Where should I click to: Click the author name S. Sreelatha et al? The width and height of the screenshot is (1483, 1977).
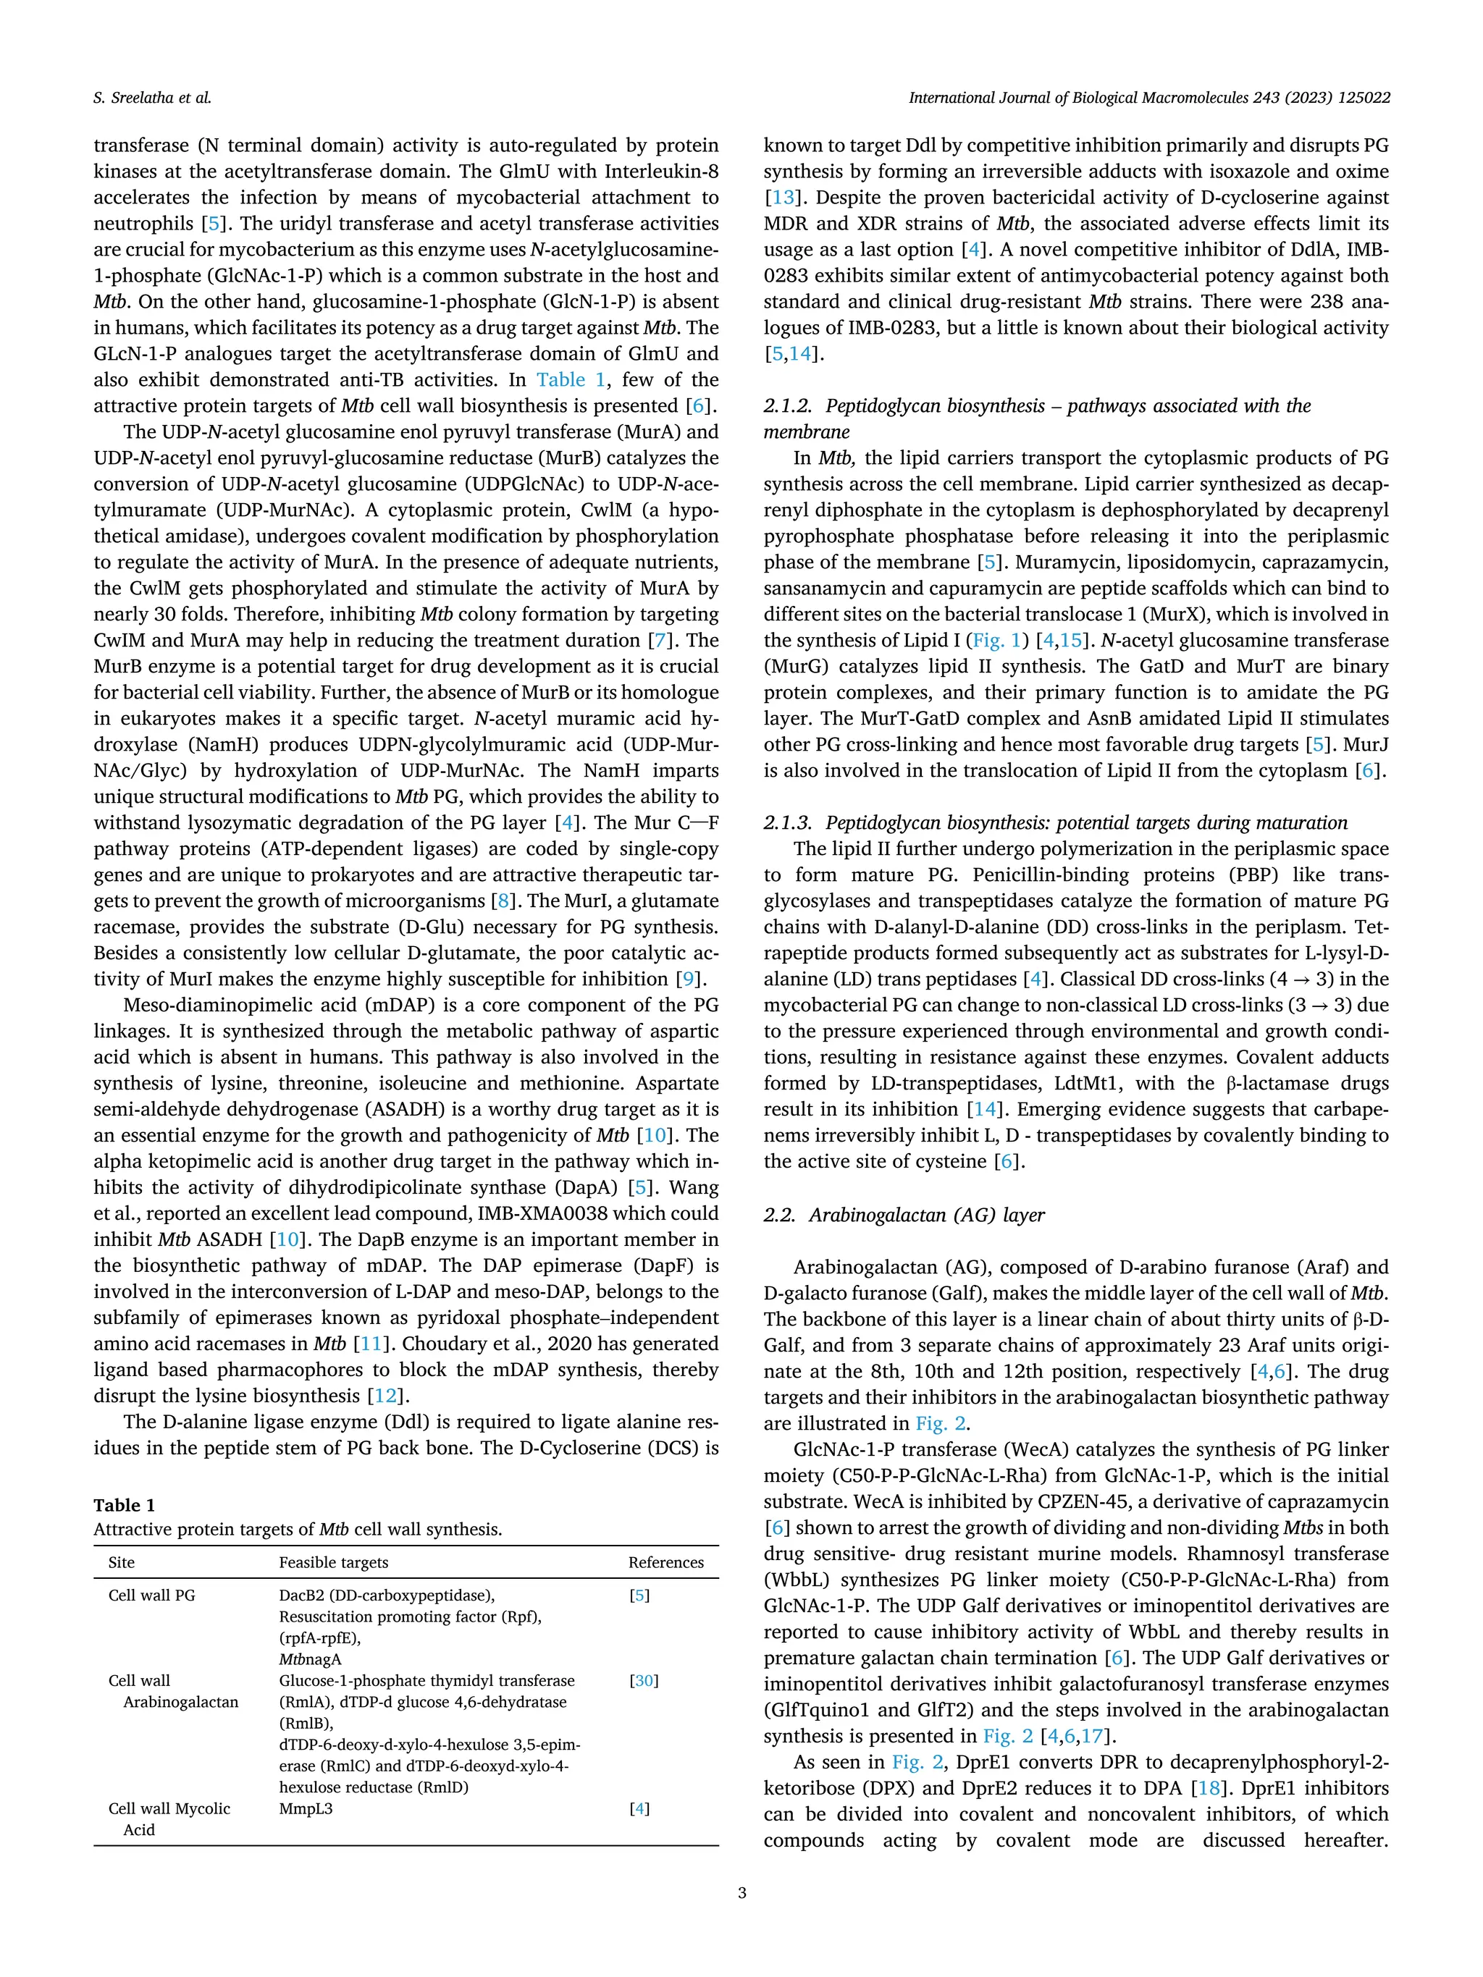pyautogui.click(x=152, y=98)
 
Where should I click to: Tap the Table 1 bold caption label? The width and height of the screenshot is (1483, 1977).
pyautogui.click(x=125, y=1505)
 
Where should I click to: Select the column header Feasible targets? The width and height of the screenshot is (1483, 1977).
pyautogui.click(x=333, y=1562)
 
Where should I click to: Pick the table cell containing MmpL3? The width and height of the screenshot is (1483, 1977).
pyautogui.click(x=306, y=1808)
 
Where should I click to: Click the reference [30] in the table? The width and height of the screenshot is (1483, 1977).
pyautogui.click(x=644, y=1680)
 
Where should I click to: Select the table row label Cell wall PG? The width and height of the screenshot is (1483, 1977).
pyautogui.click(x=151, y=1595)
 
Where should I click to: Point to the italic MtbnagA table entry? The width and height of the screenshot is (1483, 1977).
pyautogui.click(x=310, y=1658)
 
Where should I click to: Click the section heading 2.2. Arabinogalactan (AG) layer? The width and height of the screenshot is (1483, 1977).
pyautogui.click(x=904, y=1215)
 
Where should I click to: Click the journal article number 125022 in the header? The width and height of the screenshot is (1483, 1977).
pyautogui.click(x=1364, y=98)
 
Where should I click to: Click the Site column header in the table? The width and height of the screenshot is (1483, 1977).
pyautogui.click(x=122, y=1562)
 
